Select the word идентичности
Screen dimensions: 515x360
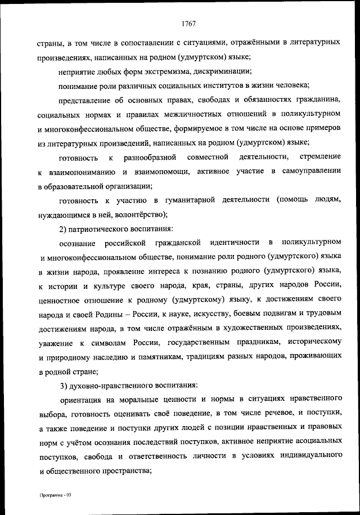click(234, 244)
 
